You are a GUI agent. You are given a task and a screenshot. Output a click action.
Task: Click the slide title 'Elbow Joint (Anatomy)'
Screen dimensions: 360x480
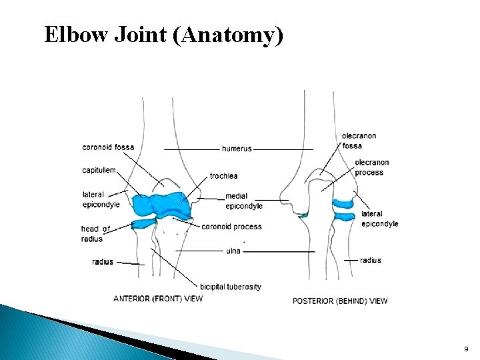(164, 35)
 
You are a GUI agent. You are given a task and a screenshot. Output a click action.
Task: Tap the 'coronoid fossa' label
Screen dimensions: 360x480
(108, 147)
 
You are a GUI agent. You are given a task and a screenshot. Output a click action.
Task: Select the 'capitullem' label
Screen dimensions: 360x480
(99, 170)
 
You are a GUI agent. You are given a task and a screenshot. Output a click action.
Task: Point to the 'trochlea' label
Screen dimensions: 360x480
(223, 176)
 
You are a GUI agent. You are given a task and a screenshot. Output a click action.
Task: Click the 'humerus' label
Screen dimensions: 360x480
(237, 149)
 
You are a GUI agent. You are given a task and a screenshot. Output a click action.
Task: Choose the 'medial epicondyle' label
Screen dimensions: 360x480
(243, 201)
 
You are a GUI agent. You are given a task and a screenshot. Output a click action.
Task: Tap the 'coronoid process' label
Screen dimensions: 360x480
(231, 227)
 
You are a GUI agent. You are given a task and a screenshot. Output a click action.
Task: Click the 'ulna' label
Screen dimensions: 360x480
(233, 251)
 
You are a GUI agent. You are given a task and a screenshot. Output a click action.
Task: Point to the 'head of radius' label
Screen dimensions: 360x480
(95, 234)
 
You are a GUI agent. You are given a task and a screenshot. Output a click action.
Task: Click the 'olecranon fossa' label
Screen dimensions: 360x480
(359, 141)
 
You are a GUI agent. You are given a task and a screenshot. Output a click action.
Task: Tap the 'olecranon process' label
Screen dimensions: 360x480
(371, 167)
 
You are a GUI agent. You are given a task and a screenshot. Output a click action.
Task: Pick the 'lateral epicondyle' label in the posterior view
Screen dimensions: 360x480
(379, 219)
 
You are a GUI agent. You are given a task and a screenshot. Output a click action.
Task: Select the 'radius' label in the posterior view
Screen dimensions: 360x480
(371, 260)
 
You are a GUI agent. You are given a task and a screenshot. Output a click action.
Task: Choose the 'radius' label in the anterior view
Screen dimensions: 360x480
(103, 262)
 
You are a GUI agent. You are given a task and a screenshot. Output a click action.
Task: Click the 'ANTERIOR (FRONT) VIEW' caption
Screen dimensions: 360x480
(158, 299)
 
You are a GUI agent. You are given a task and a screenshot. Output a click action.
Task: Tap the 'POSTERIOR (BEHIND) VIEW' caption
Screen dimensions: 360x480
(340, 301)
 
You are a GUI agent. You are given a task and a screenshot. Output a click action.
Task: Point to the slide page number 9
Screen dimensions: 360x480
(466, 349)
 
